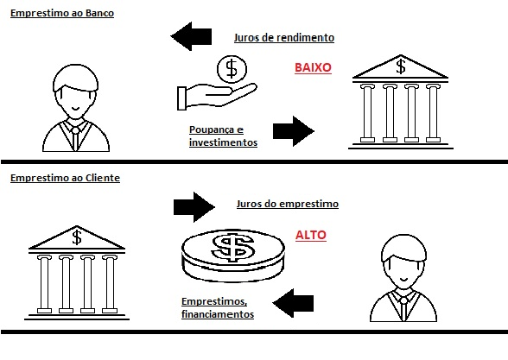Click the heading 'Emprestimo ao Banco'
pos(61,15)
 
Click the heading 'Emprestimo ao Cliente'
pos(65,178)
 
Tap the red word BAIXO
pos(313,66)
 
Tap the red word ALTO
pos(311,234)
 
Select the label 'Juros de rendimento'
pos(283,38)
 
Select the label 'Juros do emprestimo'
pos(287,205)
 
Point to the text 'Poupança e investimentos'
pos(223,136)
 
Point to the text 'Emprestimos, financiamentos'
pos(218,308)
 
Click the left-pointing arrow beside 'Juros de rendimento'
pos(192,37)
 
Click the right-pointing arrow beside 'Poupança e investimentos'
pos(293,131)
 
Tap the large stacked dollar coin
pos(232,253)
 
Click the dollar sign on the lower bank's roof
pos(77,237)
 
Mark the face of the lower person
pos(401,269)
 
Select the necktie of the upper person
pos(76,136)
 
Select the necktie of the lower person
pos(402,307)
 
